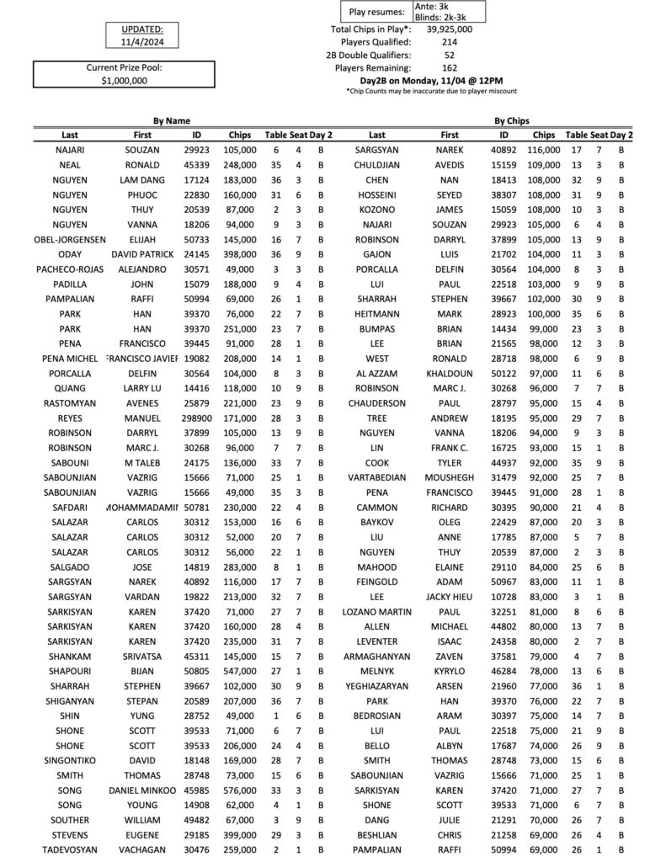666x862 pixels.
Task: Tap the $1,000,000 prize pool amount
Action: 124,81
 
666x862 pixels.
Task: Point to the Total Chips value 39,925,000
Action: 449,29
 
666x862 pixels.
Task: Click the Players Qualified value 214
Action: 449,41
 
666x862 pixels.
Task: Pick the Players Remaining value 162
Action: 449,67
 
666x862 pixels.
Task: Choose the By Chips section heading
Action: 511,121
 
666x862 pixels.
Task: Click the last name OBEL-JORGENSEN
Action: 71,240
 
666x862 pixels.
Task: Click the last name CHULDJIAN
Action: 376,165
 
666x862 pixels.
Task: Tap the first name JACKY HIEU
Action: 450,597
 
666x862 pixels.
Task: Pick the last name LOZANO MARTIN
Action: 376,611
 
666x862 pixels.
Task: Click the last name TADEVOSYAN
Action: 71,849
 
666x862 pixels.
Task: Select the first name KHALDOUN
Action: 450,372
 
